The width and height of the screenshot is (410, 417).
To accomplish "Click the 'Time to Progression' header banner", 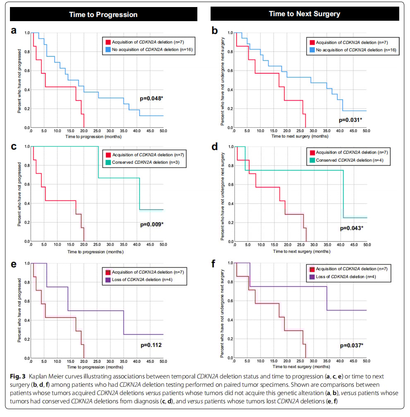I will pyautogui.click(x=103, y=15).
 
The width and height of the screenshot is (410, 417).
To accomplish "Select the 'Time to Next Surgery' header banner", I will pyautogui.click(x=305, y=14).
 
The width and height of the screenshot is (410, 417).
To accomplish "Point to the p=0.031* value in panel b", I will pyautogui.click(x=350, y=120).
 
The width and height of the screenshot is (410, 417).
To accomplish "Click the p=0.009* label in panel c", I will pyautogui.click(x=151, y=224).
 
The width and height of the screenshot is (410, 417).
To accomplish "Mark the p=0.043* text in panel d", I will pyautogui.click(x=351, y=228).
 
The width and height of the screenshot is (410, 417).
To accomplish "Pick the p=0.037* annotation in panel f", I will pyautogui.click(x=352, y=345).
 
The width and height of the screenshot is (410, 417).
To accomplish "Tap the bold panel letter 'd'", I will pyautogui.click(x=214, y=146).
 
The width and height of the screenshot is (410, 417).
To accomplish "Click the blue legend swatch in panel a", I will pyautogui.click(x=108, y=50).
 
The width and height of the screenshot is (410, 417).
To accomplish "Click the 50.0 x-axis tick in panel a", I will pyautogui.click(x=163, y=131).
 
